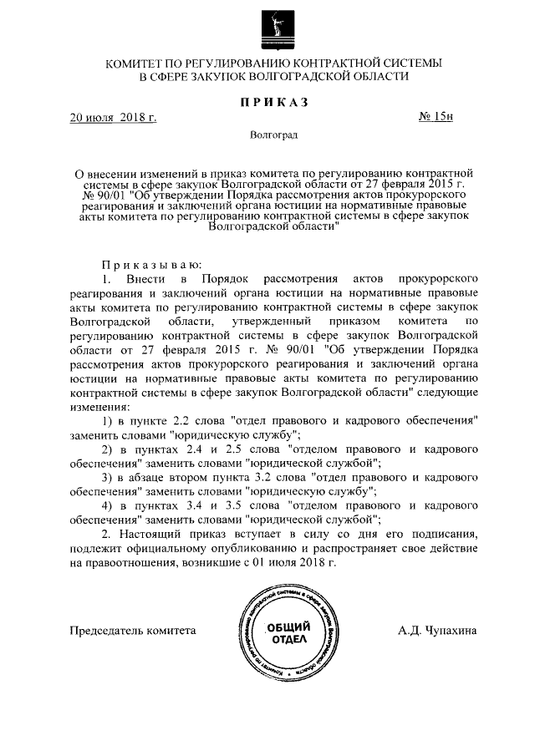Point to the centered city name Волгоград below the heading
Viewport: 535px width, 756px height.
click(274, 134)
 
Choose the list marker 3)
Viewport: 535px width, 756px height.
click(107, 477)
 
